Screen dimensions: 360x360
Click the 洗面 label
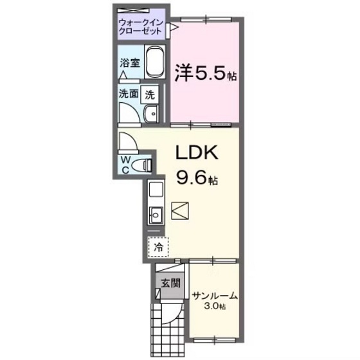128,94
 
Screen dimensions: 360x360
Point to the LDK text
198,154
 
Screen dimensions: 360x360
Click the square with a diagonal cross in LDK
181,210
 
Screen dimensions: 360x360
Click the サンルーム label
215,296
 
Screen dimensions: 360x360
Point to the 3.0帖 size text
215,307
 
